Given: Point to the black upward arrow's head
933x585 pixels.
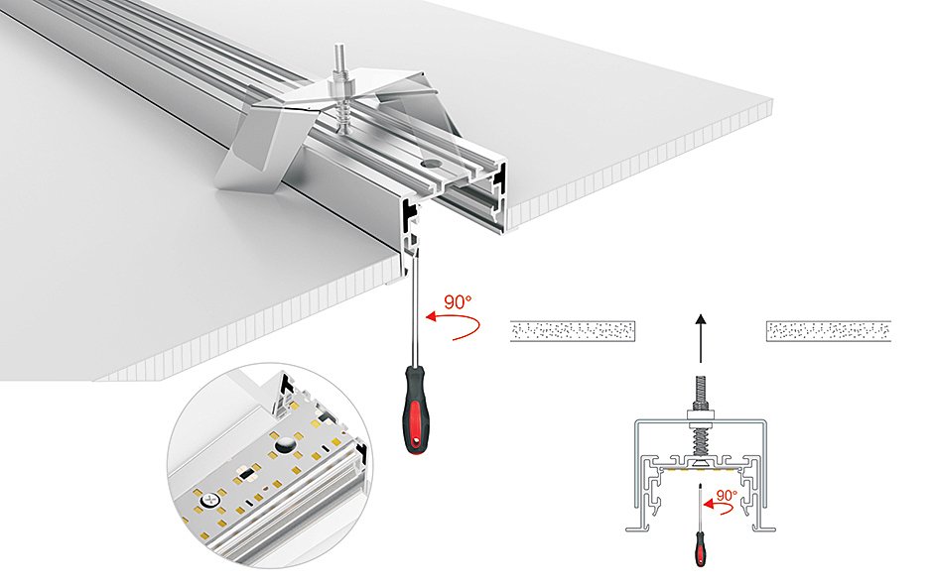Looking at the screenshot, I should pos(700,320).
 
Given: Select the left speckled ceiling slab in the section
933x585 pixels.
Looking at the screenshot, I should pos(573,331).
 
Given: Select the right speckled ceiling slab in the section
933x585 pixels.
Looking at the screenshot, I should pos(829,331).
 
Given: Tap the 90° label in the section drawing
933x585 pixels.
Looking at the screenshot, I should pos(727,494).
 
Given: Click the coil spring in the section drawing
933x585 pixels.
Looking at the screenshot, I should pos(701,435).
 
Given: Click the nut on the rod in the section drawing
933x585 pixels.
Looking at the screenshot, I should pos(701,406).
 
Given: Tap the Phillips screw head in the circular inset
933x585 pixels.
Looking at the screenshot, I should pos(210,500).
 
